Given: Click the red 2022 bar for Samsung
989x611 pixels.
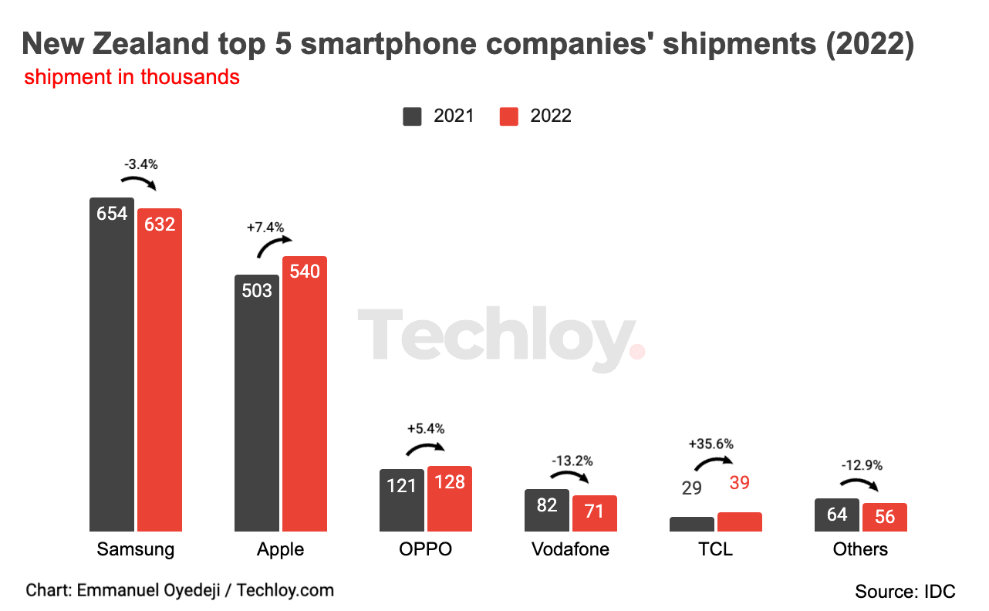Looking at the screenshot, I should point(160,370).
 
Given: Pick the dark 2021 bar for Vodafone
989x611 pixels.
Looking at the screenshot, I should point(547,510).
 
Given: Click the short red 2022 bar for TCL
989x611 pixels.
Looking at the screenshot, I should point(740,522).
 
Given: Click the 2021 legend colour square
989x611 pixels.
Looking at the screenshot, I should point(413,116).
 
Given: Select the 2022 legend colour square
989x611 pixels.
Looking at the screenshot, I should point(509,116).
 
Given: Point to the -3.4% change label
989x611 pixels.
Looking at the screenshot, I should point(140,164).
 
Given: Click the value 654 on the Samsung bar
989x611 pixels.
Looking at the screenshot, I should point(112,214).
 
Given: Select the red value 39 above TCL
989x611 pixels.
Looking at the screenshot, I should point(740,483).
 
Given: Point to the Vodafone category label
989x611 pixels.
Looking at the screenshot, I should point(570,549).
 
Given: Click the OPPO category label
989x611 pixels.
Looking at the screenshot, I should point(425,549).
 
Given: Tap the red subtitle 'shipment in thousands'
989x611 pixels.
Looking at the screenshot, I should point(132,78).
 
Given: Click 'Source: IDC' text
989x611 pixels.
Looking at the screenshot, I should point(905,592).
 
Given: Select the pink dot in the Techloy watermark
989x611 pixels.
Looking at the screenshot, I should point(637,352).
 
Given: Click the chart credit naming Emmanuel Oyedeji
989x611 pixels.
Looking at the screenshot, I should point(180,590).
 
